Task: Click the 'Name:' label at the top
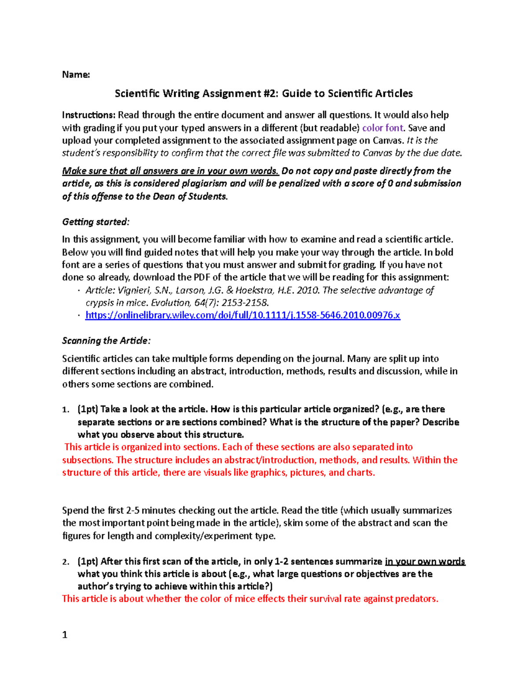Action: [x=76, y=75]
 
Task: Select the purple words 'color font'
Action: [x=382, y=128]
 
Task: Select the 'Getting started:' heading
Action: [x=96, y=222]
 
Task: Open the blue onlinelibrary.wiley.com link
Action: [x=242, y=315]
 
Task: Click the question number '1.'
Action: [x=66, y=410]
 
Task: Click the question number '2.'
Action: [x=66, y=562]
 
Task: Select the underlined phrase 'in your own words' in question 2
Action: [x=425, y=562]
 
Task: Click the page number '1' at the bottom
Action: [x=65, y=635]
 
